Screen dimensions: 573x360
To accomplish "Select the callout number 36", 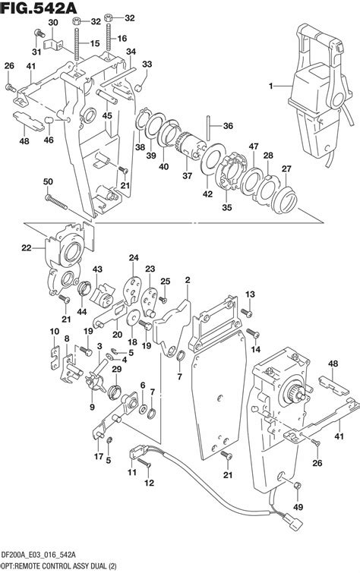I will point(229,126).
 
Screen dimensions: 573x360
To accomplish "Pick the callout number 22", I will point(27,247).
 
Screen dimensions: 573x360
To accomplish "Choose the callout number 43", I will point(97,269).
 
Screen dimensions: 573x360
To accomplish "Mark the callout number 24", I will point(134,258).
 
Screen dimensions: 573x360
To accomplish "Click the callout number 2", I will point(186,280).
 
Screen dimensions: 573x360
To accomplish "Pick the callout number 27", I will point(288,168).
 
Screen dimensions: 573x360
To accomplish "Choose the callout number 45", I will point(107,116).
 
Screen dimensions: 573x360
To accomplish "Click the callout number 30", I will point(52,24).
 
